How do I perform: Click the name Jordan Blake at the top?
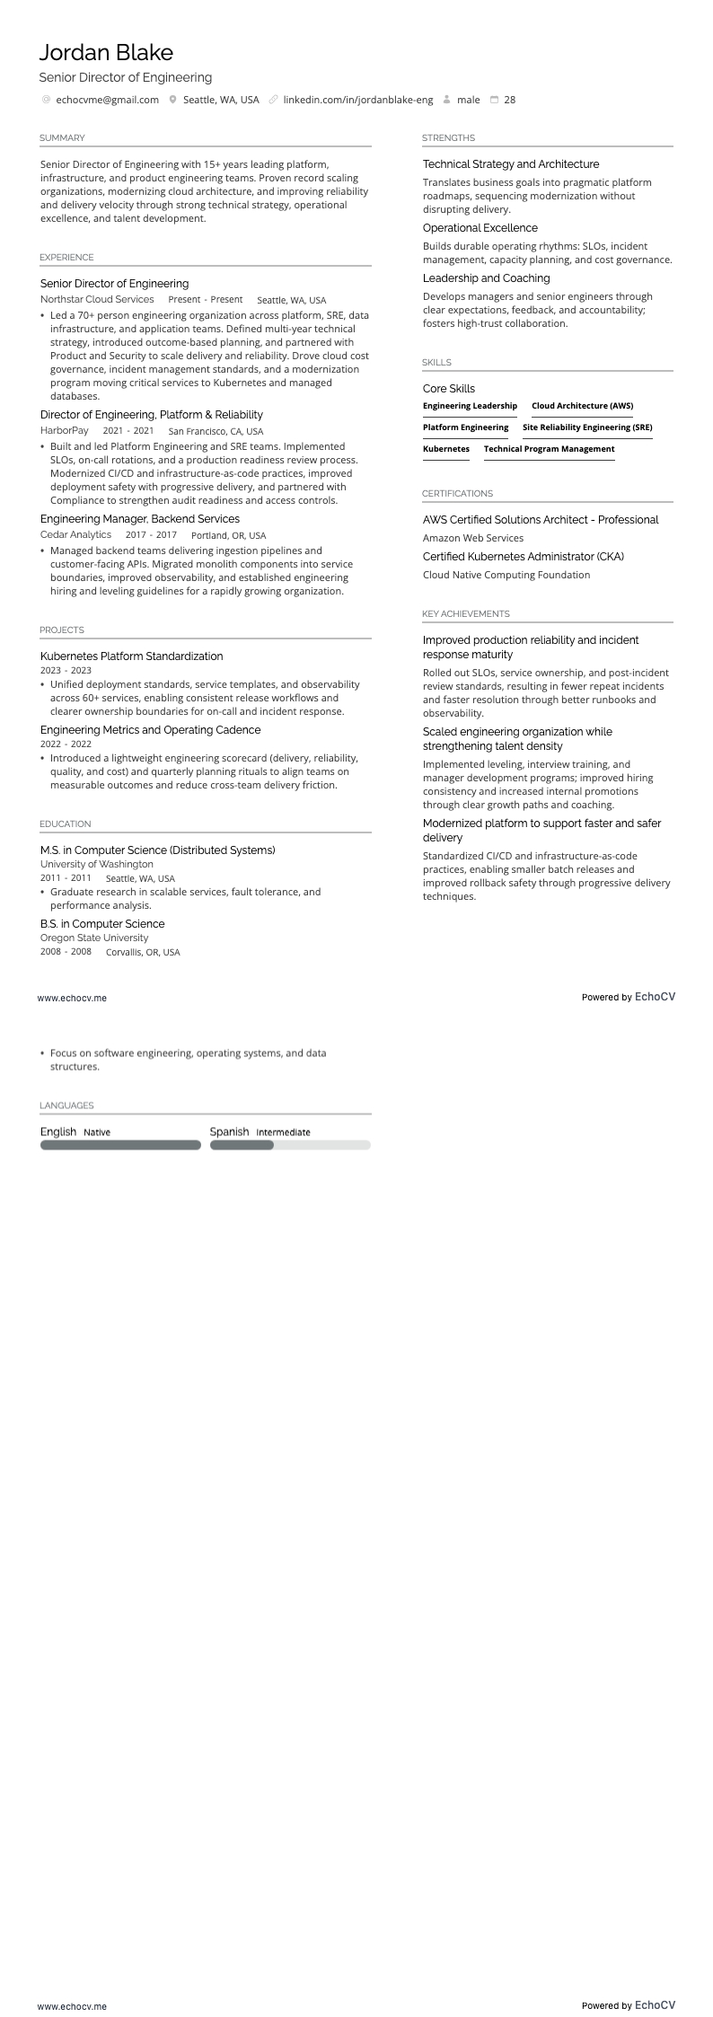(106, 53)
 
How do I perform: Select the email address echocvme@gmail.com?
(107, 101)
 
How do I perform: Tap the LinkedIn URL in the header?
(357, 101)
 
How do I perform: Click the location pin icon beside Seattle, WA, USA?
(172, 101)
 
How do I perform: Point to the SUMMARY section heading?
(62, 138)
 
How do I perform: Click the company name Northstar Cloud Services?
(97, 300)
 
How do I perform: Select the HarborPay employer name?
(65, 431)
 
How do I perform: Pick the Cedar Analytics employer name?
(75, 535)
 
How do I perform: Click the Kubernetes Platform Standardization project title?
(131, 656)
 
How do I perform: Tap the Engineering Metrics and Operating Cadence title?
(150, 730)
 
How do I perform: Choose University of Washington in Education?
(97, 864)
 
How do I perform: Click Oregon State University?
(94, 938)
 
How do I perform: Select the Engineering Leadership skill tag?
(470, 406)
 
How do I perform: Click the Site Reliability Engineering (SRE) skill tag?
(587, 427)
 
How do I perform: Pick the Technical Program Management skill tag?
(549, 449)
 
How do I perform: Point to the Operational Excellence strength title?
(480, 228)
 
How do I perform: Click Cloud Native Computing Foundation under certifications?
(506, 575)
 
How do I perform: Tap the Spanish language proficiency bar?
(290, 1145)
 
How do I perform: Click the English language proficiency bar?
(120, 1145)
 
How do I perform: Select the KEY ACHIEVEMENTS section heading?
(465, 614)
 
